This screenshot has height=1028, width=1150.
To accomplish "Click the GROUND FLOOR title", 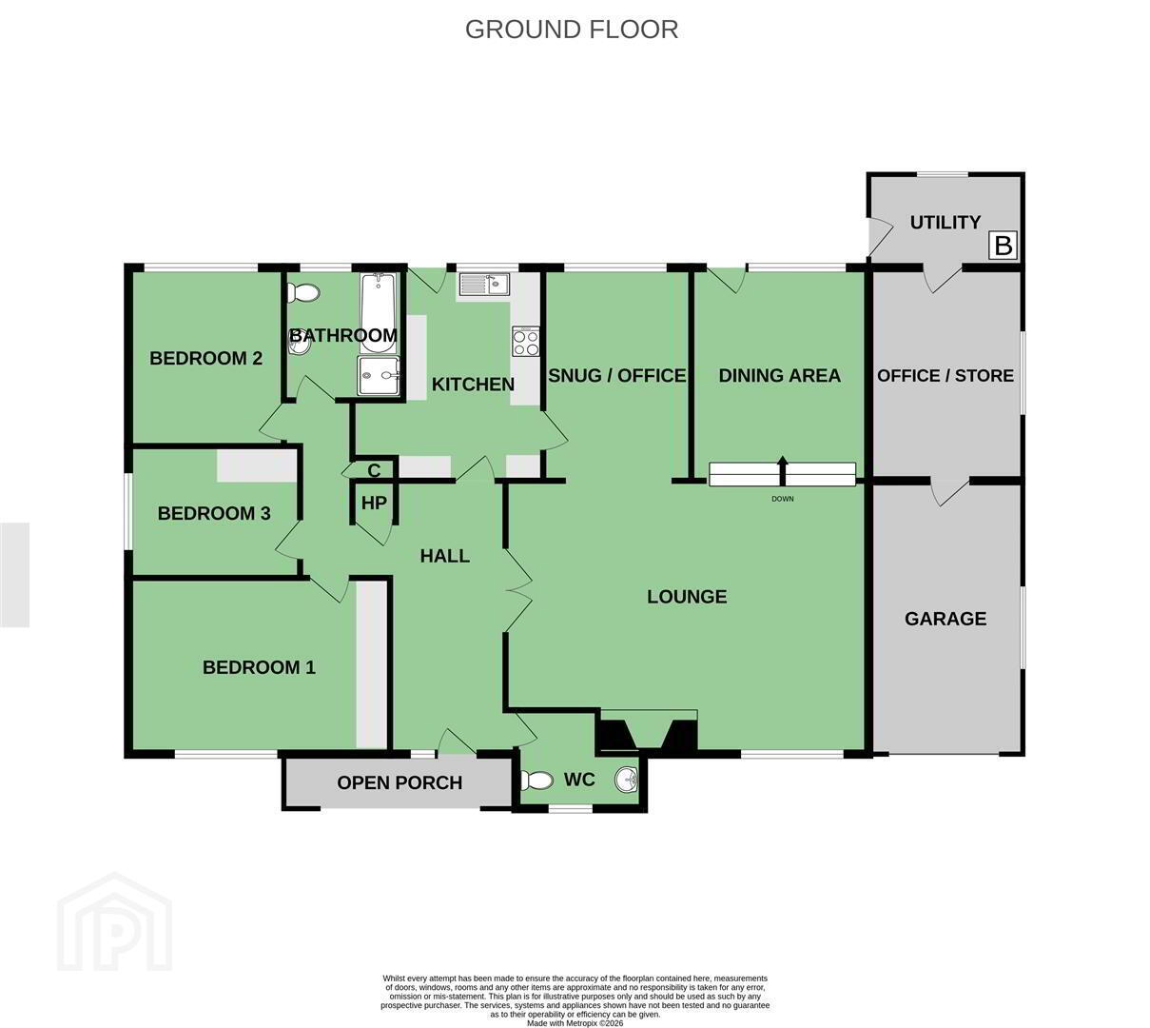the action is point(572,30).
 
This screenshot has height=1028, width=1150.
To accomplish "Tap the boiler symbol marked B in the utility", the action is point(1003,246).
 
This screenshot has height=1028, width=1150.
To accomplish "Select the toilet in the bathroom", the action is point(303,293).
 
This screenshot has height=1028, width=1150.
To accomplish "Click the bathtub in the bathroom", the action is point(380,313).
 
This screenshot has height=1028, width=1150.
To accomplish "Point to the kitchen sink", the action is point(485,284).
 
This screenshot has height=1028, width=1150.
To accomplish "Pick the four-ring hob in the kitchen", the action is point(525,341).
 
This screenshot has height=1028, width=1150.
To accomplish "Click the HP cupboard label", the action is point(374,503).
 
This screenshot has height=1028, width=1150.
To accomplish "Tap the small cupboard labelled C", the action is point(374,470).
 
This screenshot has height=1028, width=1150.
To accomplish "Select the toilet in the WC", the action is point(536,781).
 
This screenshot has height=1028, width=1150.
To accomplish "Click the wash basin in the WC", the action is point(626,780).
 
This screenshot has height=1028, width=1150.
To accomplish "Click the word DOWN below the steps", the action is point(783,499).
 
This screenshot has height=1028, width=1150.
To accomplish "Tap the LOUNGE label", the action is point(687,597).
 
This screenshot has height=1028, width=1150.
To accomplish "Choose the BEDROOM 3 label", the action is point(214,513).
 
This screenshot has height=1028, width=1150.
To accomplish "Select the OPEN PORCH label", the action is point(400,782).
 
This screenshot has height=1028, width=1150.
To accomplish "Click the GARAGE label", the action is point(945,619).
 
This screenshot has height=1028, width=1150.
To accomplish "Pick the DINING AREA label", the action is point(779,375).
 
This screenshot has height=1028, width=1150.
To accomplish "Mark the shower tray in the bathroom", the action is point(379,375).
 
